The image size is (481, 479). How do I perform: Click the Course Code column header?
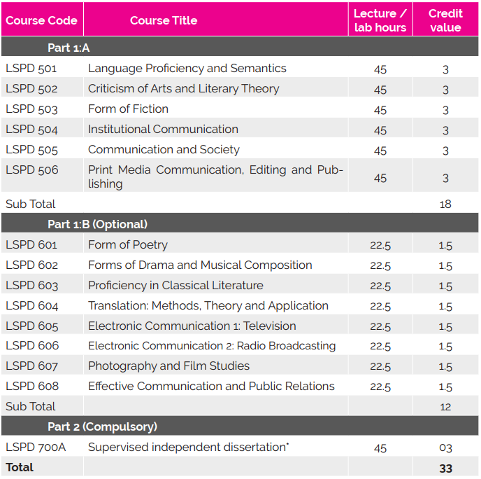[41, 20]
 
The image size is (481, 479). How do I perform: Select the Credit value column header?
[445, 20]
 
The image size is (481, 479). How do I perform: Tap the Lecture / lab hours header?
[380, 20]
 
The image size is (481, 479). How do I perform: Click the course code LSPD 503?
[31, 109]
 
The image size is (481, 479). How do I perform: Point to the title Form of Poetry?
[128, 245]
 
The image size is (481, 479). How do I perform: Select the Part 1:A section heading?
[69, 48]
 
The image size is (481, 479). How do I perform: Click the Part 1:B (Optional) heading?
[97, 225]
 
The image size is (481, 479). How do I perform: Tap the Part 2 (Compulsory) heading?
[102, 426]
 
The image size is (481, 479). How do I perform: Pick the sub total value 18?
[445, 204]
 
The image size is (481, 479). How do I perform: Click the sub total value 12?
[445, 407]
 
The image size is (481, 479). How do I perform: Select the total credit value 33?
[445, 468]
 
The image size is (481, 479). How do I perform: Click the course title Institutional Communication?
[163, 130]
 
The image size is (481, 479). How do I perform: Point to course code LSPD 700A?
[36, 447]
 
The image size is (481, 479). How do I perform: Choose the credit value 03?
[445, 448]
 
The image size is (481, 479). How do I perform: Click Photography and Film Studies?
[168, 366]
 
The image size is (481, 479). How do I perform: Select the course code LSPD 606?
[32, 346]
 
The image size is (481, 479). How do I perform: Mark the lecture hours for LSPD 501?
[380, 69]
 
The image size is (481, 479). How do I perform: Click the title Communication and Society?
[164, 150]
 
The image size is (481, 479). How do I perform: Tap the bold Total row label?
[20, 467]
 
